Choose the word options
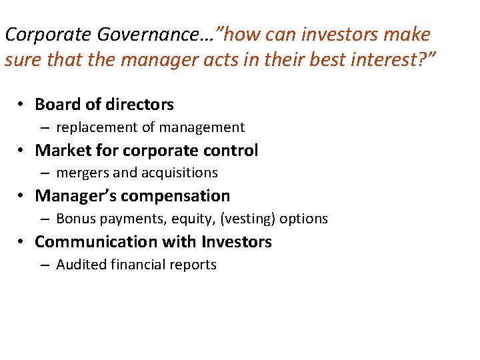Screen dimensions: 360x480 click(x=304, y=219)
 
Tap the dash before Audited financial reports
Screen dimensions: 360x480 click(x=44, y=265)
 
